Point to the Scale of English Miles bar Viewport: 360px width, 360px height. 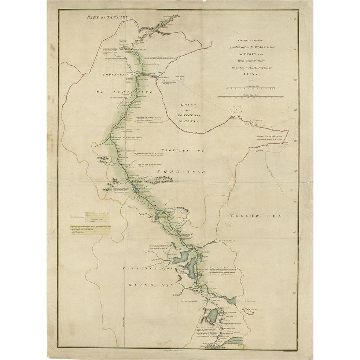click(250, 88)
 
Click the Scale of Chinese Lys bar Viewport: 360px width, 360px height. click(251, 97)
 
